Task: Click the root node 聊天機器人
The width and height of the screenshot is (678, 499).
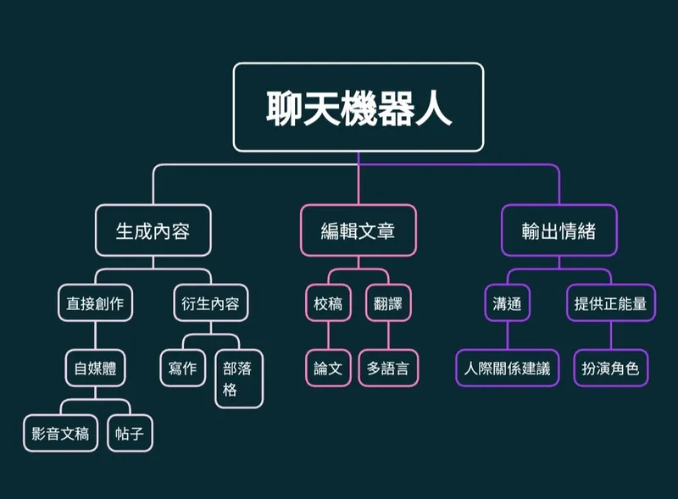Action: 358,108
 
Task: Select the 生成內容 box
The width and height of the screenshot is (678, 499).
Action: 153,230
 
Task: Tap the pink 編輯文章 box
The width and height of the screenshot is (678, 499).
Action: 358,230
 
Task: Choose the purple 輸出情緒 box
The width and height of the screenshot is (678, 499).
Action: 559,230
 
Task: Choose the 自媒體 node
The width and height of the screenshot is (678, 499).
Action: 96,369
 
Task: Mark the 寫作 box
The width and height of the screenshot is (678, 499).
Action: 182,369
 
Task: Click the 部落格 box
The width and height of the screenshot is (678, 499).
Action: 238,379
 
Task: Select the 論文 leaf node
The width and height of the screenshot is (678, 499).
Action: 328,369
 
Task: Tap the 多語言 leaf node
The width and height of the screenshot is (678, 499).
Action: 388,369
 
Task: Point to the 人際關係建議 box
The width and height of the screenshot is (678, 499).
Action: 507,369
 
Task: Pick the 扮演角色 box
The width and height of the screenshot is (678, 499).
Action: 610,369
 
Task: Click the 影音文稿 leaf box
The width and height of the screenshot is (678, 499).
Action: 60,434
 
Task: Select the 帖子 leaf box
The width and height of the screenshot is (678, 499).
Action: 130,434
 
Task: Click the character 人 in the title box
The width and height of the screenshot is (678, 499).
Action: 433,108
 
